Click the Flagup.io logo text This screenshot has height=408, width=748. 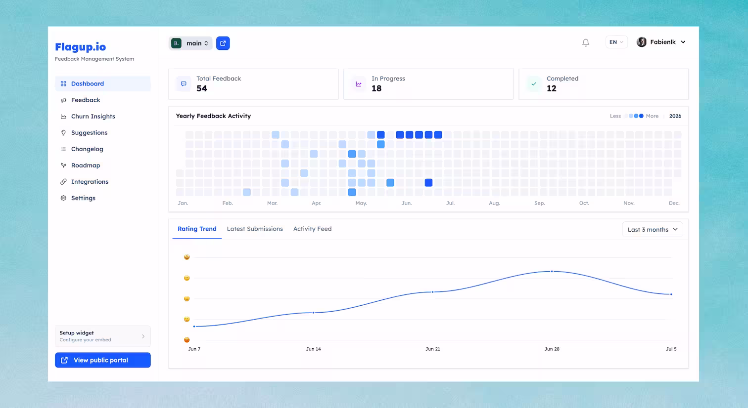[81, 47]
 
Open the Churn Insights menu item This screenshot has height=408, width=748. [93, 117]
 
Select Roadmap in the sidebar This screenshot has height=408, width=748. [86, 165]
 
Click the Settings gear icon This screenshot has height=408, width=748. [63, 198]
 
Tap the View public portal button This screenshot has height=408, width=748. [103, 360]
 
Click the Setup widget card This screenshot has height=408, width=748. [103, 336]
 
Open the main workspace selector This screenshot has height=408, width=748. [190, 43]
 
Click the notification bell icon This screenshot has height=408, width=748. [586, 42]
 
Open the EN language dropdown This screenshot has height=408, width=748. [616, 42]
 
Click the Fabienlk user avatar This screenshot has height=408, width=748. [642, 42]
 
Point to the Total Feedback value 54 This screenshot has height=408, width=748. [202, 88]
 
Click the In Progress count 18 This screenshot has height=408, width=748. [376, 88]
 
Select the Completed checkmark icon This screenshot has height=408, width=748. [534, 84]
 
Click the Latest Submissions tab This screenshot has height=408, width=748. [255, 229]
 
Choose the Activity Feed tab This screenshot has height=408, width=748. [312, 229]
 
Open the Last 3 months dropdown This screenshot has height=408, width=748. [653, 229]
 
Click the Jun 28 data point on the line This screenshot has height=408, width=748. [552, 271]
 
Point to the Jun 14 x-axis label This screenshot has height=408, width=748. [313, 349]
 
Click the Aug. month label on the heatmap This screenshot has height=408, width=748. [495, 203]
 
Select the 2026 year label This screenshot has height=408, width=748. [675, 116]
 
